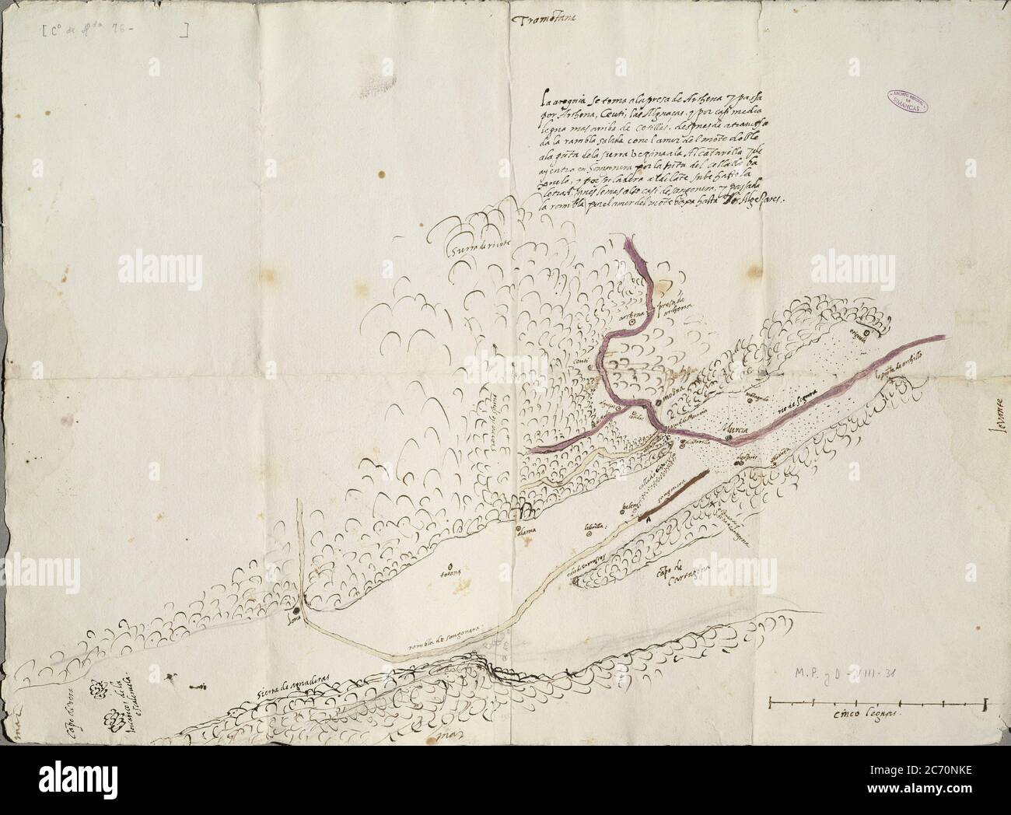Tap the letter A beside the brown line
click(646, 517)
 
